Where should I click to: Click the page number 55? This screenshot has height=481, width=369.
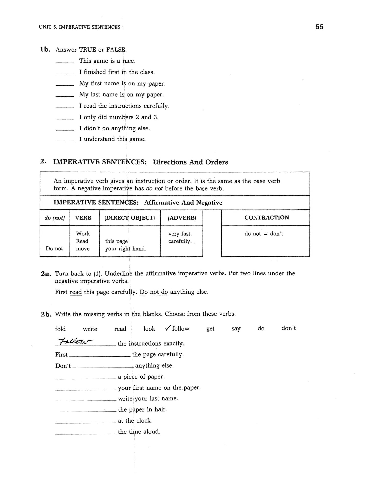point(319,27)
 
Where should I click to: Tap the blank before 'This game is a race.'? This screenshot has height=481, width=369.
point(65,62)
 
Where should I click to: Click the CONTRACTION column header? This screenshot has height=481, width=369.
point(267,217)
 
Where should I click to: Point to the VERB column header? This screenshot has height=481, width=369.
point(83,218)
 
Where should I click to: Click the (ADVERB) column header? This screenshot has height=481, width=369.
point(182,218)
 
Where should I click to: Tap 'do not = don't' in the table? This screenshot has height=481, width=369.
point(264,234)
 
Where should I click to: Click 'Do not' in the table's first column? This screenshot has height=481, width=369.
point(54,248)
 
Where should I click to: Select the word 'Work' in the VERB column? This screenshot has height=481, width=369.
point(83,234)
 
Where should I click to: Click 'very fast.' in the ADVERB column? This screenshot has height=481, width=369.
point(180,234)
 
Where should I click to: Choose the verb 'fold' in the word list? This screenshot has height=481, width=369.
point(60,329)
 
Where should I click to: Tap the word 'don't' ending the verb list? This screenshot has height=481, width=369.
point(289,328)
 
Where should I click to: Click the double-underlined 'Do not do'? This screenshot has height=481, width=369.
point(153,292)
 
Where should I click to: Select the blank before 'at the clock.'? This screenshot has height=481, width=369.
point(86,422)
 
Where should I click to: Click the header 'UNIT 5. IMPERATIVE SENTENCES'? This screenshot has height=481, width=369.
point(80,27)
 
